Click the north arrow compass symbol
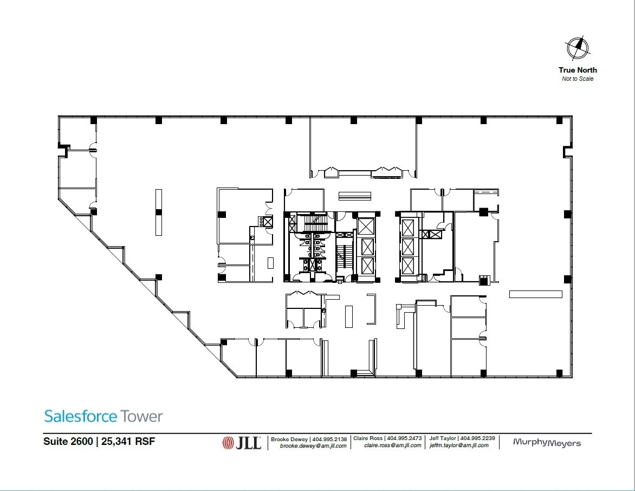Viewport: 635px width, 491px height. point(578,48)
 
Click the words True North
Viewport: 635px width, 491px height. point(578,70)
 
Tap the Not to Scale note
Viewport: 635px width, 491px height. point(578,79)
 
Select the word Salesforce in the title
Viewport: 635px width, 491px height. point(80,416)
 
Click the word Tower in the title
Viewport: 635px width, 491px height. point(142,416)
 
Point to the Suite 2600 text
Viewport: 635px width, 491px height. point(67,441)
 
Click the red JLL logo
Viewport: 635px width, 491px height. point(242,443)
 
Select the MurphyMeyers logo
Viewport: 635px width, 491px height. point(546,443)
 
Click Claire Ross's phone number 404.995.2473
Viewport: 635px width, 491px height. point(404,438)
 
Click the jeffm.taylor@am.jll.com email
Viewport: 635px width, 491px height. point(459,445)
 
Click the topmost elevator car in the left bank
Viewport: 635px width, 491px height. point(366,226)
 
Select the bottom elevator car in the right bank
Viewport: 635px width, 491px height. point(407,266)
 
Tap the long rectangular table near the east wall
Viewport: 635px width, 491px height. point(535,294)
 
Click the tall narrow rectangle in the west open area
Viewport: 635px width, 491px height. point(159,212)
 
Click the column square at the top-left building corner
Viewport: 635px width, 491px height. point(94,120)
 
